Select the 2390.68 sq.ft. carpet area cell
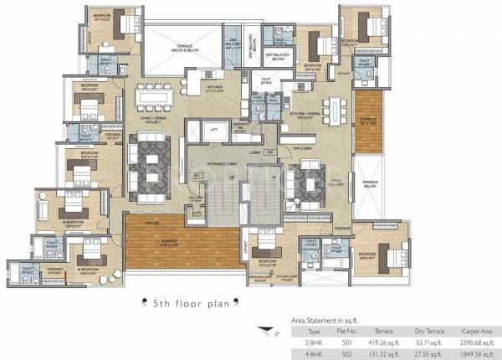(x=474, y=342)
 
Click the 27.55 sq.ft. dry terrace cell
(x=428, y=352)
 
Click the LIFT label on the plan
(x=214, y=131)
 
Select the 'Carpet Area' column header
(x=474, y=331)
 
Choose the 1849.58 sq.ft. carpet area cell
(x=474, y=352)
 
